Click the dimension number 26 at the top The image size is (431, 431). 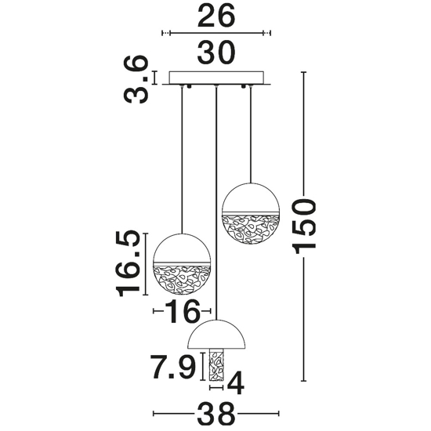216,16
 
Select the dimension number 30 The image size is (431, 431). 216,53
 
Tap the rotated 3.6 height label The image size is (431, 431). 136,79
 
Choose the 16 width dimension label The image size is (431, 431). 183,311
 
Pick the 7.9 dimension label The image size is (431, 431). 173,367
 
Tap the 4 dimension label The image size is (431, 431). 236,383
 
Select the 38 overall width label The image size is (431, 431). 216,414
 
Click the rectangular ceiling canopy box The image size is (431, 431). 216,78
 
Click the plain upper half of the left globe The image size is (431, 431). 182,248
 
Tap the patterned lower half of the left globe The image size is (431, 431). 182,280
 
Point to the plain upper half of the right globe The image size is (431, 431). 251,197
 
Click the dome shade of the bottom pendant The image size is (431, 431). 216,335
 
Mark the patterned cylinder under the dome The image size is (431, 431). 216,364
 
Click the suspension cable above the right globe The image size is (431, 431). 251,134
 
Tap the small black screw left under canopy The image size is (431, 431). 189,86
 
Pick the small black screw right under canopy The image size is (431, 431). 243,86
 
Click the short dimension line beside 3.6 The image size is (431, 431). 154,78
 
